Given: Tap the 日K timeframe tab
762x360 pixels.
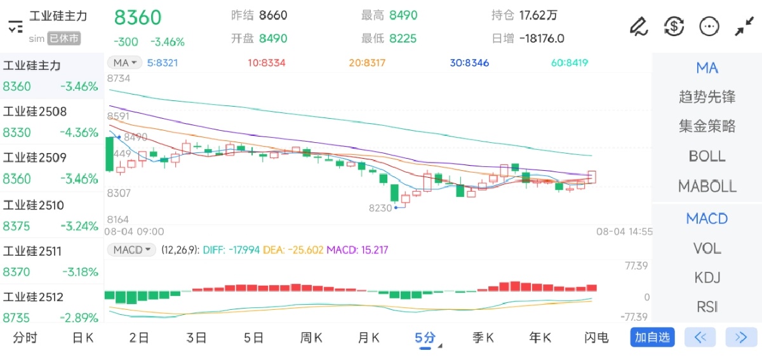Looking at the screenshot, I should coord(83,338).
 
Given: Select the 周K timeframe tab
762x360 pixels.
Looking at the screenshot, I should coord(311,338).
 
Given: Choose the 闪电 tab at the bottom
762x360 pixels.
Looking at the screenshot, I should coord(596,338).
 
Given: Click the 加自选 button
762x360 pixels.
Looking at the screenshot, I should coord(652,337).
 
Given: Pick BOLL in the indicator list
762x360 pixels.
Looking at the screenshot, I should coord(707,156).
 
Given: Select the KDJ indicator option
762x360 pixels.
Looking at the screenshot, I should coord(707,277).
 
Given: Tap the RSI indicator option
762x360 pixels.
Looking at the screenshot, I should coord(707,307).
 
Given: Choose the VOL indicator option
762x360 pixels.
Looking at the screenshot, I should coord(707,248).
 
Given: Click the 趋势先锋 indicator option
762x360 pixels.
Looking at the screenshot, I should coord(707,97).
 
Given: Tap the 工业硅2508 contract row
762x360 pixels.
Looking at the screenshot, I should coord(51,122).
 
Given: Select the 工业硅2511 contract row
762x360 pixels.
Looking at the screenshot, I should coord(51,261).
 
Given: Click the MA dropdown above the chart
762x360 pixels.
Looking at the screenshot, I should coord(124,62).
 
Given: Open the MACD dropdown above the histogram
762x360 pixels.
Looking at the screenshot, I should coord(131,250).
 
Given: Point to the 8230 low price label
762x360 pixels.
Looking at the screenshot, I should coord(380,208).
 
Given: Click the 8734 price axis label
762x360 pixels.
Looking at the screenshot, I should coord(119,79).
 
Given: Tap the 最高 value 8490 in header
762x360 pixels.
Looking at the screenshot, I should coord(403,15).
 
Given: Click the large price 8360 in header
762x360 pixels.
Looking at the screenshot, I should coord(138,18).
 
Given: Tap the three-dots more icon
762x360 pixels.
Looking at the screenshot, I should coord(709,26).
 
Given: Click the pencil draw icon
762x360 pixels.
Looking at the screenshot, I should coord(638,26).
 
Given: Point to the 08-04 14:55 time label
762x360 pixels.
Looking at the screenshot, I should coord(624,232).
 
